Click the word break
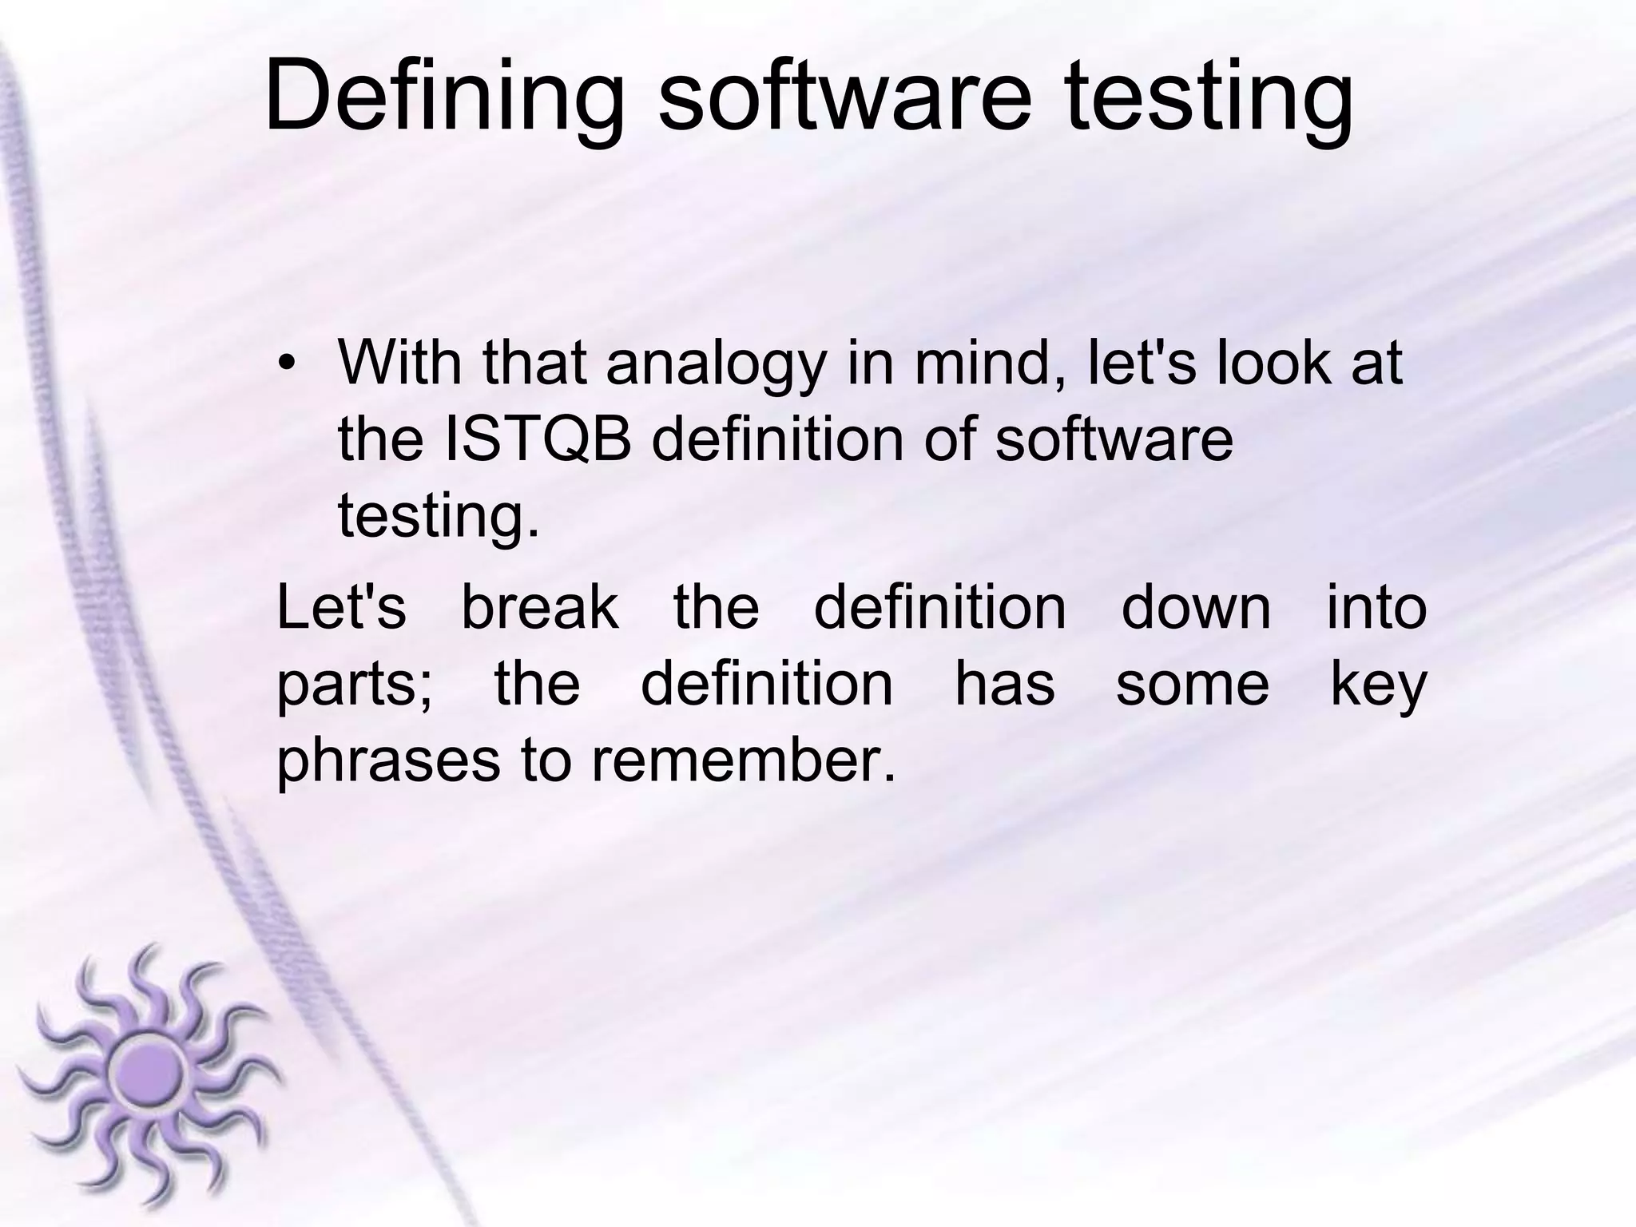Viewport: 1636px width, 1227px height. [540, 608]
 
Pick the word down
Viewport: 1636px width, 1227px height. [1196, 608]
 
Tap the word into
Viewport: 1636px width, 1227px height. [1376, 608]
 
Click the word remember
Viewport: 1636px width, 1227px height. [742, 760]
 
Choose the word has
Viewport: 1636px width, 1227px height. [1004, 684]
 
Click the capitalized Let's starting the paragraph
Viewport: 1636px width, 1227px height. [341, 608]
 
